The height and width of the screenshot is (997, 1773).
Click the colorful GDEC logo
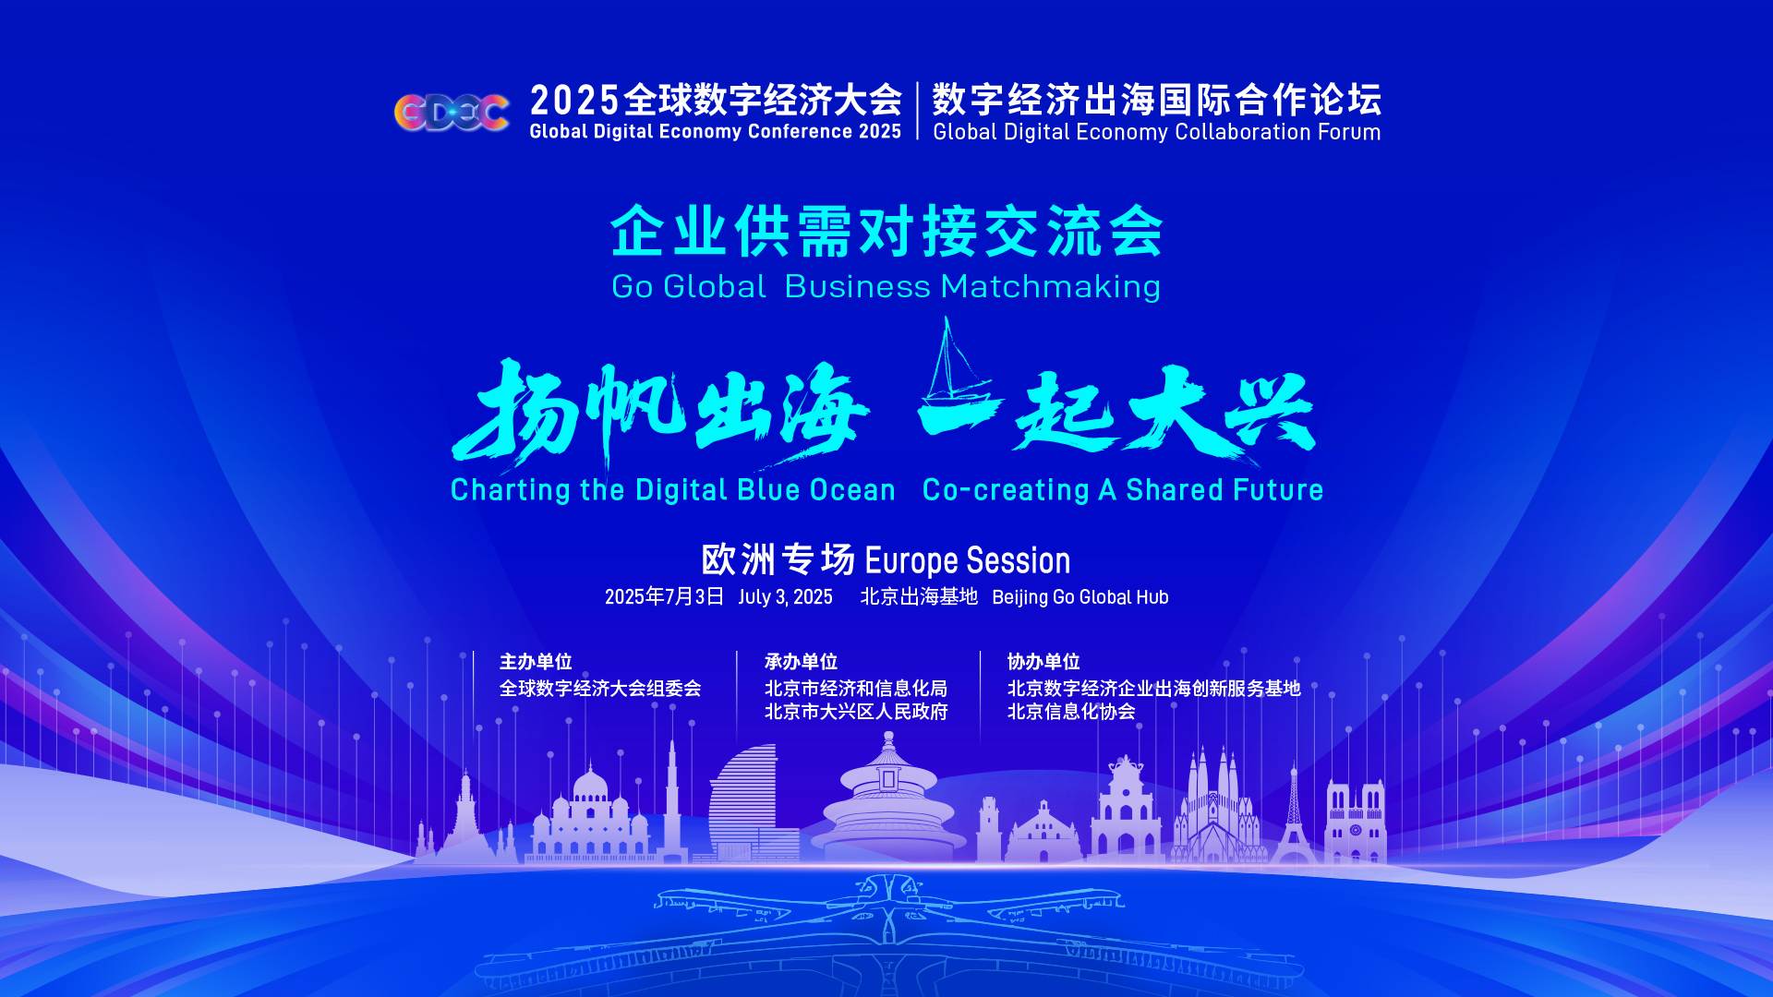click(452, 113)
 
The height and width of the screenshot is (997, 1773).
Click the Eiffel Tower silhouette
click(1293, 816)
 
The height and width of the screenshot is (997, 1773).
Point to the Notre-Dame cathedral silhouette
click(1355, 822)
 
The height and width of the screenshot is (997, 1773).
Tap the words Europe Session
click(967, 560)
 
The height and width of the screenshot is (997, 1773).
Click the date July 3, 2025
click(785, 597)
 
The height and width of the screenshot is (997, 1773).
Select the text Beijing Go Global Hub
click(1080, 597)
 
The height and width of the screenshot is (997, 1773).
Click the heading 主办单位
click(536, 662)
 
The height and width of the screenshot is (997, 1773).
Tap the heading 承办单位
click(801, 662)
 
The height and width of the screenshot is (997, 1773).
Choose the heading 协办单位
click(1043, 662)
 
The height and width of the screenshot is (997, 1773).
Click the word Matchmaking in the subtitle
click(1051, 287)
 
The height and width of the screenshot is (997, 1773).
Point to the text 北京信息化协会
click(1071, 712)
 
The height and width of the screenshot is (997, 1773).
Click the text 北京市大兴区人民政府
click(856, 712)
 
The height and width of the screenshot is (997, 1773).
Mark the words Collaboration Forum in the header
click(1278, 132)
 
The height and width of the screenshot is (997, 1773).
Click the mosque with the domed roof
click(591, 816)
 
